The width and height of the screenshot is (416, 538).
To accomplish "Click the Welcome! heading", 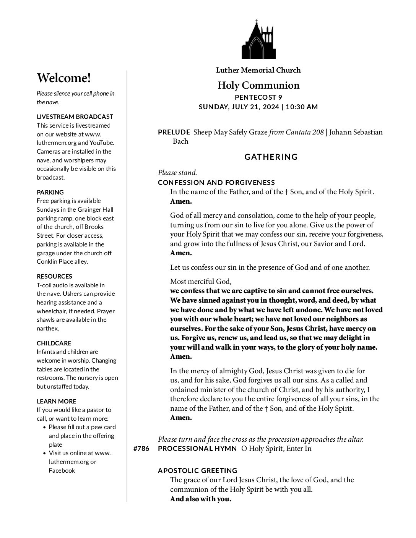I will click(64, 78).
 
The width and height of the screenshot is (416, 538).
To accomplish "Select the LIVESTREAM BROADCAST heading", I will click(75, 117).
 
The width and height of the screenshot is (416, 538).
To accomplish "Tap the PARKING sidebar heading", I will click(50, 192).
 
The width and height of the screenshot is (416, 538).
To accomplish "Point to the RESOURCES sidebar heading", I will click(54, 276).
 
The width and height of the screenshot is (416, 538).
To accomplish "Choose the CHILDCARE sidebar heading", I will click(54, 343).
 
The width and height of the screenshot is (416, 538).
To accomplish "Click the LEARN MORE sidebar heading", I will click(56, 401).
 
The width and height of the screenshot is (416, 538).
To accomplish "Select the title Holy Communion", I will click(258, 85).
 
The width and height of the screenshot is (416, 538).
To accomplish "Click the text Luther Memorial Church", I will click(258, 70).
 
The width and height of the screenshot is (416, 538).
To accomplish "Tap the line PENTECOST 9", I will click(258, 97).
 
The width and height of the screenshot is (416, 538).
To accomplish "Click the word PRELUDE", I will click(174, 132).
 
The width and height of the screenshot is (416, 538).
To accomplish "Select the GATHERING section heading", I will click(271, 157).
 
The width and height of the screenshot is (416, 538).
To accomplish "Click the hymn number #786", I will click(141, 449).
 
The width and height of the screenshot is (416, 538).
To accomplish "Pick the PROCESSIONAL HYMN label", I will click(197, 449).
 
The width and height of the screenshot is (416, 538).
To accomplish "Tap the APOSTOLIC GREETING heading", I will click(198, 470).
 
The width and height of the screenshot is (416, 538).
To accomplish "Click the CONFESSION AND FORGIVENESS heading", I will click(216, 182).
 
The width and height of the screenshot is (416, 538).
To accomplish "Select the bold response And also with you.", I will click(201, 499).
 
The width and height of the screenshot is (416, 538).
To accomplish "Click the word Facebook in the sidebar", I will click(62, 470).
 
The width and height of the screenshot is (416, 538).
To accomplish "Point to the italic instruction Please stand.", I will click(177, 173).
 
